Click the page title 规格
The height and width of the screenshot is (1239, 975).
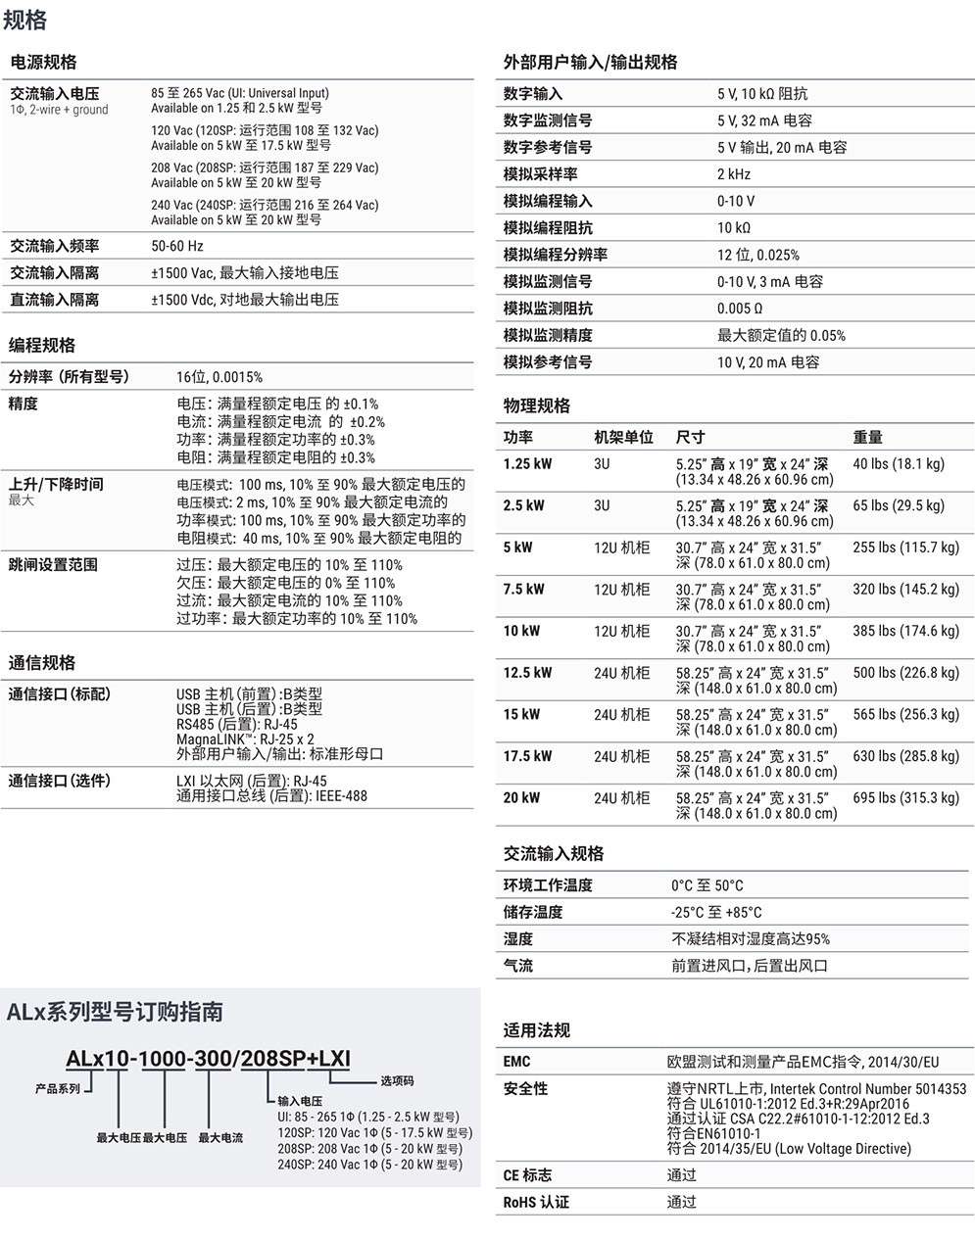click(x=25, y=21)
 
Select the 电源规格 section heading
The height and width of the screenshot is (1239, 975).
click(x=43, y=62)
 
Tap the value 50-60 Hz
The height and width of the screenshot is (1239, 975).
click(x=177, y=246)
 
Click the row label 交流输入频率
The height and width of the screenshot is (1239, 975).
click(x=55, y=246)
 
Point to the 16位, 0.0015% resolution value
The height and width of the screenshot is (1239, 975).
click(x=219, y=377)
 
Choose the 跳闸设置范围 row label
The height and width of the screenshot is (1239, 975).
click(x=55, y=565)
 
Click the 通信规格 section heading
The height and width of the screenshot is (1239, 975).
click(x=42, y=663)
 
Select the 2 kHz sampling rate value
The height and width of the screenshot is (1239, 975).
click(x=734, y=174)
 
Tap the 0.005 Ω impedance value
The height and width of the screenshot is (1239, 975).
click(x=740, y=309)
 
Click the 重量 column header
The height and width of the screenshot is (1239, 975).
click(x=868, y=438)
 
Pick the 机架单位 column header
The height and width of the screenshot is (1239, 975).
click(x=623, y=438)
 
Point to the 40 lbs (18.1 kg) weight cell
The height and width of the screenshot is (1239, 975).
click(x=899, y=464)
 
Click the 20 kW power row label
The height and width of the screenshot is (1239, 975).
click(x=521, y=798)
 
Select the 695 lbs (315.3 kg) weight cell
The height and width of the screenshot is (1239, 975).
click(x=905, y=798)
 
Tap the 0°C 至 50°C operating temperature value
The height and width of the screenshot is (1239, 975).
click(x=707, y=885)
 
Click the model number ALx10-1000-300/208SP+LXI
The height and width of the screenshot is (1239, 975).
click(x=208, y=1059)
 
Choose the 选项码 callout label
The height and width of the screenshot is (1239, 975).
click(x=397, y=1081)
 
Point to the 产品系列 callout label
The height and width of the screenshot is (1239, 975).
click(x=57, y=1089)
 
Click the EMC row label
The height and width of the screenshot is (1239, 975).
click(x=517, y=1062)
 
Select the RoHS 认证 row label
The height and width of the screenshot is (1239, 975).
click(x=536, y=1202)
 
